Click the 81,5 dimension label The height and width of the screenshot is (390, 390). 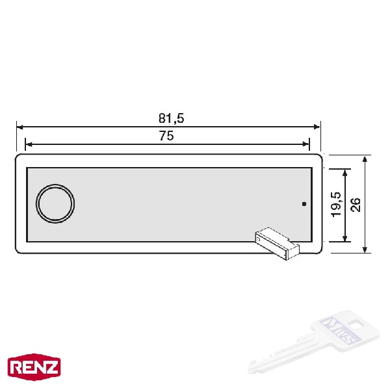coord(172,118)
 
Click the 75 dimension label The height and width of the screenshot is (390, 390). coord(166,136)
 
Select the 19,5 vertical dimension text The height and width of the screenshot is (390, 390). coord(337,204)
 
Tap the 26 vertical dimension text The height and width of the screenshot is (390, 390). coord(356,205)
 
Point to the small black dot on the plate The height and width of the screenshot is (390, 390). coord(304,203)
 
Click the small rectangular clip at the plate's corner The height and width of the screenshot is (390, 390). coord(278,243)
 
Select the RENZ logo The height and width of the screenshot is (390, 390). coord(34,367)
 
